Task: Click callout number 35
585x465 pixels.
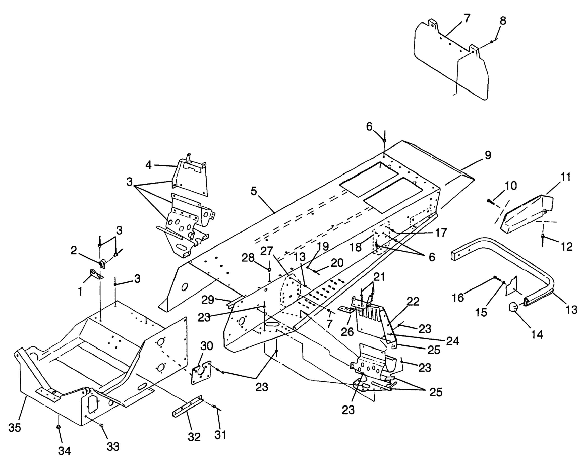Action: (x=15, y=428)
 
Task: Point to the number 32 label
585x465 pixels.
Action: (x=194, y=437)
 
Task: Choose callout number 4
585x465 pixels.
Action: (x=148, y=165)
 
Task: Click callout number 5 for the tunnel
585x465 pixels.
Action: (x=254, y=191)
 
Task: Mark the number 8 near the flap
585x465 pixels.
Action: (x=503, y=21)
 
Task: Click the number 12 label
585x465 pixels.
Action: (x=567, y=246)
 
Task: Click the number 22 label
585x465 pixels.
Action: (x=413, y=302)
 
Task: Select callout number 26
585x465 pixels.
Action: (x=348, y=331)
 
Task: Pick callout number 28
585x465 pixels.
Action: (x=248, y=258)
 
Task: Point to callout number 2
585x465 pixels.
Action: (x=73, y=250)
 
